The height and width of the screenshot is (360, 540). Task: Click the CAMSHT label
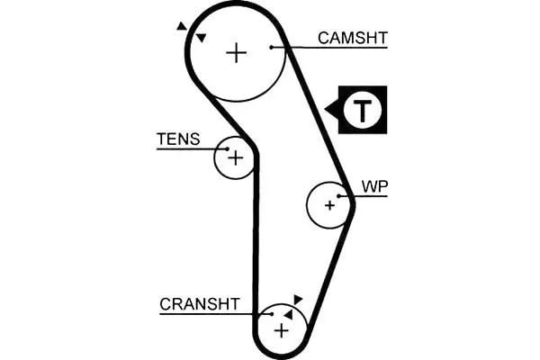(353, 38)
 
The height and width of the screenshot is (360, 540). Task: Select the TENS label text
(178, 139)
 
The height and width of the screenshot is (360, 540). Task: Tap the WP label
(374, 186)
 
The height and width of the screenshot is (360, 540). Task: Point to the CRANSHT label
(200, 304)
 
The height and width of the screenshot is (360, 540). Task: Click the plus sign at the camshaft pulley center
(236, 53)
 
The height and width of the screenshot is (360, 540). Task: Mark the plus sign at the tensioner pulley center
(236, 158)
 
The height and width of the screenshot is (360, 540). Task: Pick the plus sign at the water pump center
(329, 205)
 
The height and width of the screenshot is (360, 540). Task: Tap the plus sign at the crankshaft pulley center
(282, 331)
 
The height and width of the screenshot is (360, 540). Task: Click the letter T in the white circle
(363, 110)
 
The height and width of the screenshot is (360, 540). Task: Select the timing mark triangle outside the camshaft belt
(182, 26)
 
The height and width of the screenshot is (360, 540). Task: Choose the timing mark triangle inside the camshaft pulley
(201, 38)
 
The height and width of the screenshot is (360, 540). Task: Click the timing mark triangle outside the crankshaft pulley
(298, 300)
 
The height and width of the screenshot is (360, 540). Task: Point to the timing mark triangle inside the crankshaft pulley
(289, 314)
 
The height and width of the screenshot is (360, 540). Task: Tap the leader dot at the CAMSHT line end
(272, 47)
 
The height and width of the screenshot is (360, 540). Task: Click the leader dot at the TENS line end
(228, 148)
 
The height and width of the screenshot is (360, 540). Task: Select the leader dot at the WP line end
(339, 196)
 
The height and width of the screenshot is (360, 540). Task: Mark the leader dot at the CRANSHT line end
(272, 314)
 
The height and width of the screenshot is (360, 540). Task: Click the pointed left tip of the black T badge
(325, 110)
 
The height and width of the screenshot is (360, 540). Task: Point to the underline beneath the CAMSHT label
(329, 47)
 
